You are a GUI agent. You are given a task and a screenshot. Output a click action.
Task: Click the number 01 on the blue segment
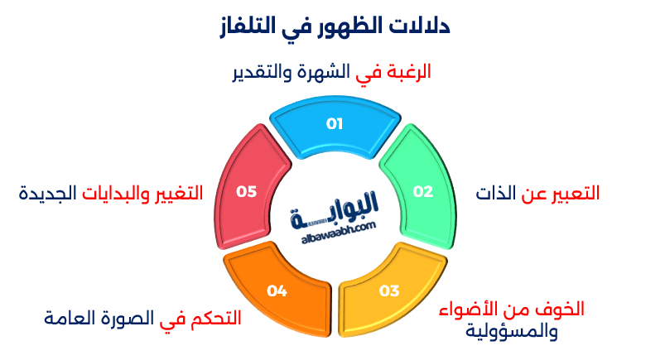334,124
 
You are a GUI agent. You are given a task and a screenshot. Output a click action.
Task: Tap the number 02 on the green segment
423,191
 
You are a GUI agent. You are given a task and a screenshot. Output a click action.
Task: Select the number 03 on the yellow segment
389,290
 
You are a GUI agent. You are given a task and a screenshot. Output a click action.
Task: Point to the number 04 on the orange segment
277,290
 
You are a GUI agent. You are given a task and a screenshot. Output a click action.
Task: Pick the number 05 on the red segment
247,191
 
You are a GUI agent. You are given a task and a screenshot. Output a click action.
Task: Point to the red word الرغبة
408,72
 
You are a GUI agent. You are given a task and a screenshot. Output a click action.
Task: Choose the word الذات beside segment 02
494,194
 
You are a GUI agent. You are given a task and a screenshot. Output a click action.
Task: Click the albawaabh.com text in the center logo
335,227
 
